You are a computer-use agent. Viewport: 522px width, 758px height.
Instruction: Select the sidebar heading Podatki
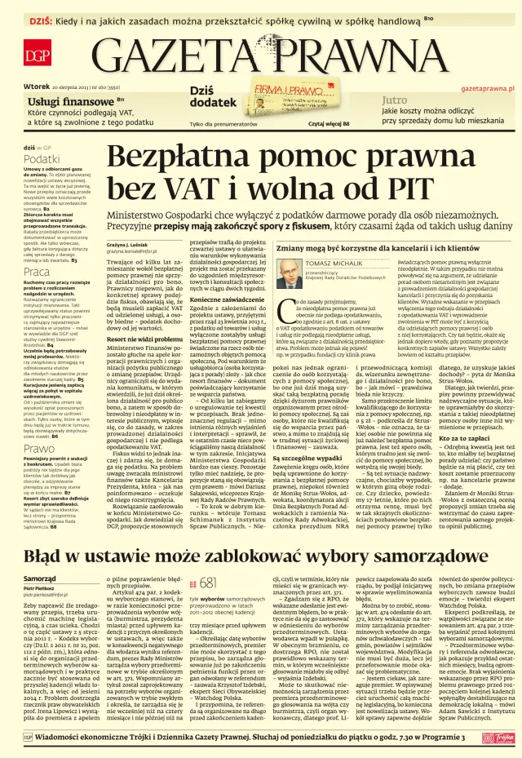point(42,158)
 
